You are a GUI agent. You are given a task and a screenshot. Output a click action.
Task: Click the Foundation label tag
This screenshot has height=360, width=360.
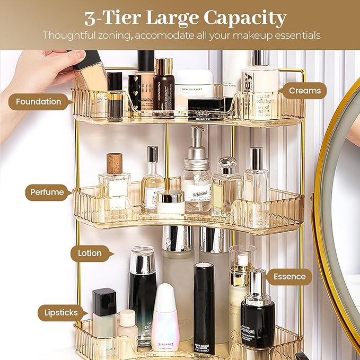pos(38,101)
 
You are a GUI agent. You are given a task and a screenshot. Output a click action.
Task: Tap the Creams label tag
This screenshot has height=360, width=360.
pos(305,91)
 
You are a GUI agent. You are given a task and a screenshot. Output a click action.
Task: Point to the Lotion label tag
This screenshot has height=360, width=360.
pos(90,253)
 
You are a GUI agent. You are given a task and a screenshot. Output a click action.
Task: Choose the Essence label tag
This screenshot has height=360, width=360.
pos(289,276)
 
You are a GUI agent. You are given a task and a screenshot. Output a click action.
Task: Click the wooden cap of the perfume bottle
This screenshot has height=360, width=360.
pos(115,163)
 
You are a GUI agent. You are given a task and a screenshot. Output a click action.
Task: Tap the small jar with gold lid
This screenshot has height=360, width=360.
pos(171,201)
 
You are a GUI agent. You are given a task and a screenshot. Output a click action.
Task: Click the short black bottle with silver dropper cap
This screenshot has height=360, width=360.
pos(258,313)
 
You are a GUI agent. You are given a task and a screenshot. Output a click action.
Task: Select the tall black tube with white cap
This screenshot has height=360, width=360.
pos(204,308)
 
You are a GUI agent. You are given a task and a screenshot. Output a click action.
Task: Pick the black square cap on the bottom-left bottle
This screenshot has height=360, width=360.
pos(104,301)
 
